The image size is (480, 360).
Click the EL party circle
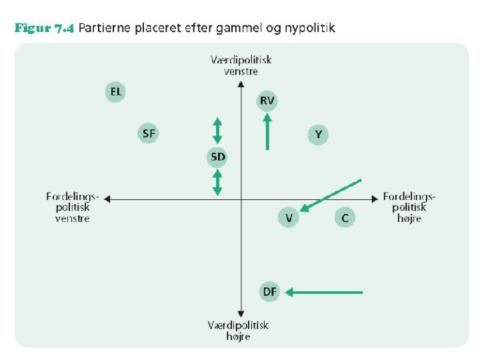pos(115,92)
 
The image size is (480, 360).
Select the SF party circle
pos(149,133)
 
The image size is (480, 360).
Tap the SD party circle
pos(217,157)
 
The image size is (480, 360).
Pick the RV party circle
pos(267,101)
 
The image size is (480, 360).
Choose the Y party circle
pos(318,135)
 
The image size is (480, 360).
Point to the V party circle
pos(288,217)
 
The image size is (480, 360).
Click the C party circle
pos(344,217)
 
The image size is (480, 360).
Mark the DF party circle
pos(270,291)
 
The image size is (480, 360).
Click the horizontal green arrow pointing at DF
pos(324,292)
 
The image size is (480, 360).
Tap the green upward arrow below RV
pos(267,131)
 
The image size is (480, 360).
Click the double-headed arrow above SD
pos(217,129)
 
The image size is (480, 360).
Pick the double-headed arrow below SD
pos(217,182)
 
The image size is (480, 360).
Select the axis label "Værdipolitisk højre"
pos(238,330)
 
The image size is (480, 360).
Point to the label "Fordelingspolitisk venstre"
pos(73,207)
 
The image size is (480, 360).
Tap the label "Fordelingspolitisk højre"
pos(409,207)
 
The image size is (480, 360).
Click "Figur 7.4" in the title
pos(43,28)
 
